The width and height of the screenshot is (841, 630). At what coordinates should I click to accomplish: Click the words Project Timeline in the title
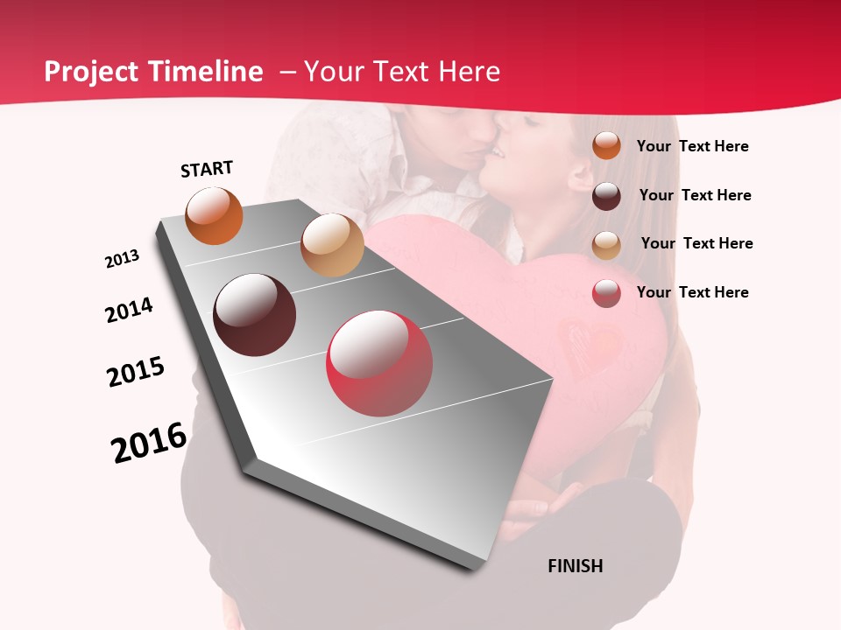[153, 72]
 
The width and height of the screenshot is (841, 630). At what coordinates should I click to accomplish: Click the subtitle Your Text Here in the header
[402, 72]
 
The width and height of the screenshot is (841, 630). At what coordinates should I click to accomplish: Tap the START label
[207, 169]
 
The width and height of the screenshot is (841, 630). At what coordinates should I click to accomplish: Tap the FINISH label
[575, 566]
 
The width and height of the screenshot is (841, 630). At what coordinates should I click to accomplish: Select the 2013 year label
[122, 259]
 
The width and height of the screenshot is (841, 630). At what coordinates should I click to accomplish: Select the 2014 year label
[129, 310]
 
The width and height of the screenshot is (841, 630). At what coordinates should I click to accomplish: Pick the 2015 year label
[136, 372]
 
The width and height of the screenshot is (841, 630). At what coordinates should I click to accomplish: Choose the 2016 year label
[149, 443]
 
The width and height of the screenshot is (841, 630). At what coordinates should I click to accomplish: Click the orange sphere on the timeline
[215, 215]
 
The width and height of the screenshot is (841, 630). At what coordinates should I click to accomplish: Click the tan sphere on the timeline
[332, 245]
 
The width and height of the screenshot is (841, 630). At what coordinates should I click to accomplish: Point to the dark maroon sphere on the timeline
[255, 315]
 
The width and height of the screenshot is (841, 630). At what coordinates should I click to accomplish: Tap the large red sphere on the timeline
[379, 363]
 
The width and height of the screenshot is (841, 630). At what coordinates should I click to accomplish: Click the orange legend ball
[606, 145]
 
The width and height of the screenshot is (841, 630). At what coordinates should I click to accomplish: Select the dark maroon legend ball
[606, 196]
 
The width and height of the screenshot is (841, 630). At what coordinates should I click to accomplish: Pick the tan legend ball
[606, 244]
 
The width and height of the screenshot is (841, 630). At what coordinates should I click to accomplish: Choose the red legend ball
[606, 293]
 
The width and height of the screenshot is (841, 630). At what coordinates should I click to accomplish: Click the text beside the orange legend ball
[692, 146]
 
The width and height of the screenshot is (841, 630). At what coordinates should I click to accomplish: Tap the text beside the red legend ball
[692, 292]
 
